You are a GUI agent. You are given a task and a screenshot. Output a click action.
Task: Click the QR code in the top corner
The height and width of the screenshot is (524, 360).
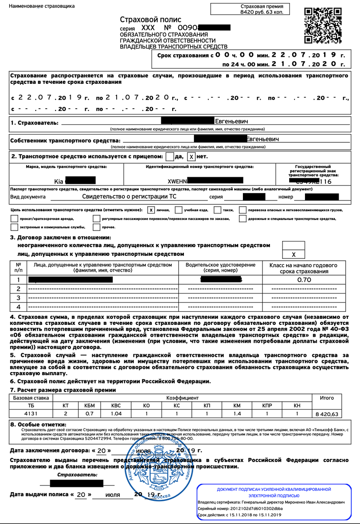pos(324,26)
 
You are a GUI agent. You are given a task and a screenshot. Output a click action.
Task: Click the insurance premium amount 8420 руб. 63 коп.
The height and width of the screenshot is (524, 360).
pos(262,12)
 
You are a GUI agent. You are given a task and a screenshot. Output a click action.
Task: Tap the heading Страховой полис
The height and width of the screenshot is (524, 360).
pos(150,20)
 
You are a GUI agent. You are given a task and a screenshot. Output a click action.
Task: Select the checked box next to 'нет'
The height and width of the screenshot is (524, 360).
pos(191,156)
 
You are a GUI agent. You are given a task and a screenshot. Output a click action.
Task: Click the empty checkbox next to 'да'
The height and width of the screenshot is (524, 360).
pos(170,156)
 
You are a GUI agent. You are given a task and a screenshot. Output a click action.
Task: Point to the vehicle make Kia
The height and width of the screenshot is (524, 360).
pos(59,181)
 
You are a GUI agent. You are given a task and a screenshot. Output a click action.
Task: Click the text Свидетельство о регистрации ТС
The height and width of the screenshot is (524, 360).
pos(129,196)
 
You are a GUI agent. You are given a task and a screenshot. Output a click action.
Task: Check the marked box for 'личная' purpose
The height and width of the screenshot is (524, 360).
pos(151,210)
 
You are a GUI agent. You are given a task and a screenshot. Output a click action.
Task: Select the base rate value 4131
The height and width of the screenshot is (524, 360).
pos(29,414)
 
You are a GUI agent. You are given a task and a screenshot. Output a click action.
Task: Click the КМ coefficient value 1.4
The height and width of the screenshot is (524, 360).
pos(237,414)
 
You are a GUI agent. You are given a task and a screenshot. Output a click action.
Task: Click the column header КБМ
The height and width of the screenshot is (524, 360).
pos(89,406)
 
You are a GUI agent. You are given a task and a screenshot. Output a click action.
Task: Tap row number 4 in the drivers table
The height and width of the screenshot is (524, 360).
pos(18,307)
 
